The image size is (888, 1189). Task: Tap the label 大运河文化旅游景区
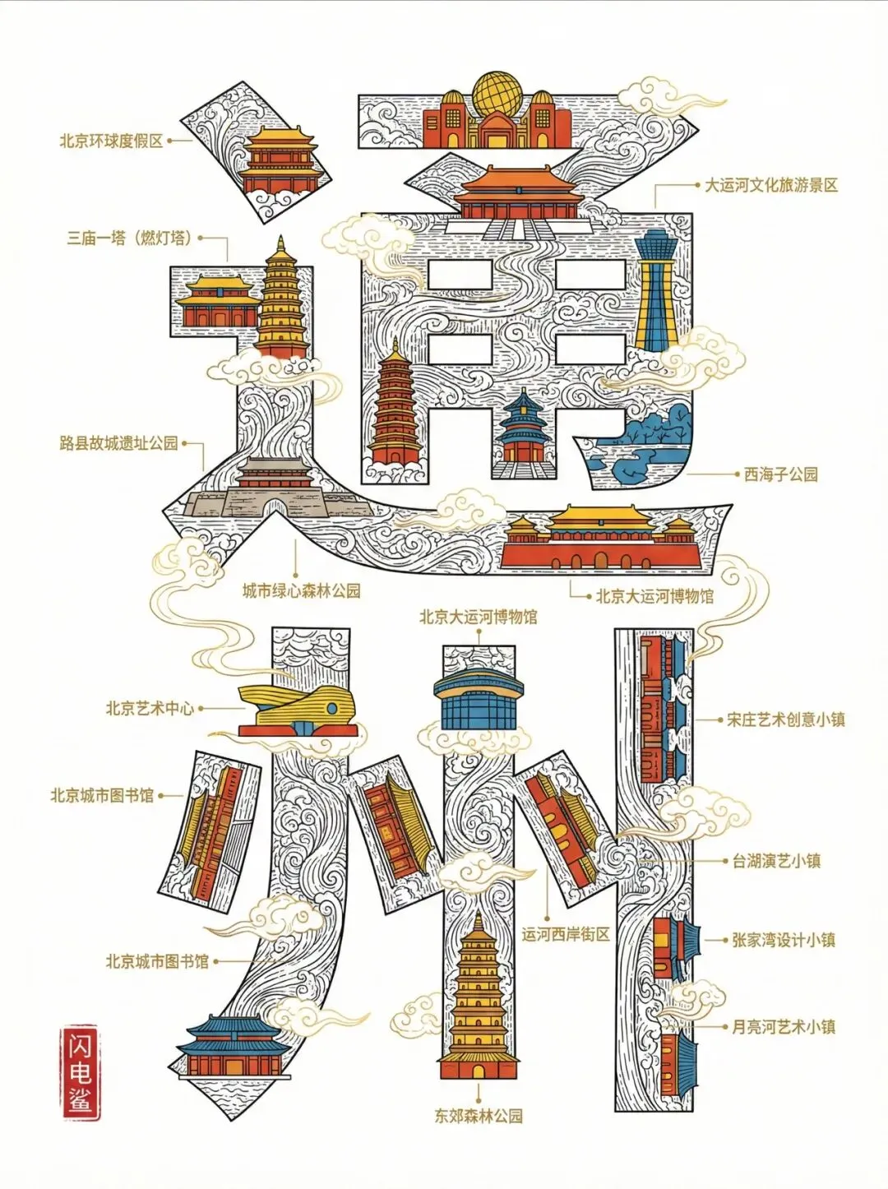(x=771, y=186)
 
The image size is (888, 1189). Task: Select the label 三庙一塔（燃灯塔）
(x=130, y=238)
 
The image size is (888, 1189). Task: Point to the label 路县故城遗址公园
(x=118, y=444)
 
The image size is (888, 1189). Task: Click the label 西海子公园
(x=780, y=474)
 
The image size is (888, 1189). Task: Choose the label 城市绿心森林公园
(x=301, y=590)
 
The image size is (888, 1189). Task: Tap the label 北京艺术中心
(x=150, y=708)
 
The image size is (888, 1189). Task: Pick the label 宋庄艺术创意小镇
(x=786, y=719)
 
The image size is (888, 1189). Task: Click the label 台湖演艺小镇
(x=776, y=862)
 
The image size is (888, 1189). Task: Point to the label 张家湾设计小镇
(x=784, y=940)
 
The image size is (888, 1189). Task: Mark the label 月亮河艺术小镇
(x=784, y=1027)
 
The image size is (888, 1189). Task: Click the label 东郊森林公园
(x=479, y=1116)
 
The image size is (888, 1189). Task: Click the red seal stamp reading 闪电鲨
(x=80, y=1073)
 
